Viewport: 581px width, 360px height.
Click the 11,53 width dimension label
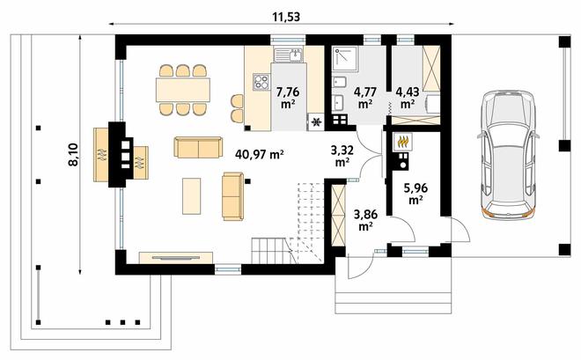coord(286,17)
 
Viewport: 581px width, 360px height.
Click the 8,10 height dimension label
coord(73,154)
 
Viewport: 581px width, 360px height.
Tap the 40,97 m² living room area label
coord(260,154)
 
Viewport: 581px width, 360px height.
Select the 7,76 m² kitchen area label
coord(288,98)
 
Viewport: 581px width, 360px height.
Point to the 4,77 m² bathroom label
coord(365,98)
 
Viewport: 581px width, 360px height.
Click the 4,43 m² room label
coord(408,98)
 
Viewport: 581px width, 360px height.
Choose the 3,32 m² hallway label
coord(342,156)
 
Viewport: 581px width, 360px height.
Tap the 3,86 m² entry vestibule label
coord(365,220)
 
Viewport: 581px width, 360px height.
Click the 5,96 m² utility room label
coord(416,194)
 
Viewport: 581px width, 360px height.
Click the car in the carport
coord(508,154)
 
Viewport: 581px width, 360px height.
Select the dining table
coord(183,90)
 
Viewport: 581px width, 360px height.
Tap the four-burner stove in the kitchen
coord(261,82)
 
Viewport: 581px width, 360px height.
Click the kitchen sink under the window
coord(288,55)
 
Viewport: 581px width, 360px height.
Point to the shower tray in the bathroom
coord(344,58)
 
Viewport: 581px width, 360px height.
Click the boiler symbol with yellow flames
coord(402,142)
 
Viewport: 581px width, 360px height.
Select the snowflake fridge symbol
coord(316,121)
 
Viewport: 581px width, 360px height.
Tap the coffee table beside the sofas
coord(192,196)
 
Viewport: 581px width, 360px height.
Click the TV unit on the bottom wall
coord(176,258)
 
